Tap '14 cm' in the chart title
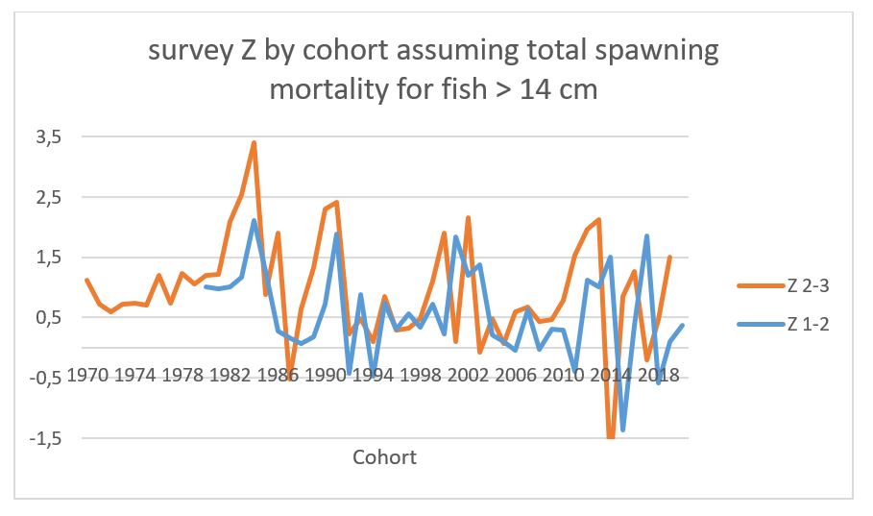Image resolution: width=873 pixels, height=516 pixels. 567,90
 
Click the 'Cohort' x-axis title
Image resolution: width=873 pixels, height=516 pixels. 384,456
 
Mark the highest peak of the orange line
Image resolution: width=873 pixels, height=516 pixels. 254,142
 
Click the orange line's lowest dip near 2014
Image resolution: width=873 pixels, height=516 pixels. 611,438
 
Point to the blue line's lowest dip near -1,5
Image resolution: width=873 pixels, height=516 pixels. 622,430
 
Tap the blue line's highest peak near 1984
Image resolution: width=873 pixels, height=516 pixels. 254,220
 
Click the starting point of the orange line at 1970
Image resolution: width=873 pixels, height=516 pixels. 86,280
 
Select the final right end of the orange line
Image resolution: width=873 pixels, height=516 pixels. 670,257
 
